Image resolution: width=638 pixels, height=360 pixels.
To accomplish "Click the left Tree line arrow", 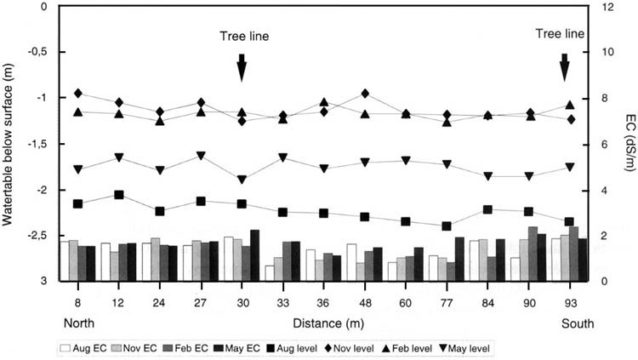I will click(x=242, y=67).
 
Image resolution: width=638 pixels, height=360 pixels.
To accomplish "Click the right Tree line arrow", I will click(x=563, y=67).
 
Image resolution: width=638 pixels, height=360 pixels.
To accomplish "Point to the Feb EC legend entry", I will click(x=198, y=348).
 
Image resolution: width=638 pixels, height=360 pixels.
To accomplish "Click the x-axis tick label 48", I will click(x=364, y=302).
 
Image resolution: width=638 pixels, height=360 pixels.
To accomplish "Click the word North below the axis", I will click(x=78, y=323).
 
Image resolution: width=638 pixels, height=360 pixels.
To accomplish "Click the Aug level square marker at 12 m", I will click(x=119, y=195).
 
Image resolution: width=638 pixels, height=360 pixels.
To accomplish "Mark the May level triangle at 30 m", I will click(x=242, y=180).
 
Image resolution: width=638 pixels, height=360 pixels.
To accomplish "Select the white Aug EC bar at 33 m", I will click(x=270, y=273).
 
